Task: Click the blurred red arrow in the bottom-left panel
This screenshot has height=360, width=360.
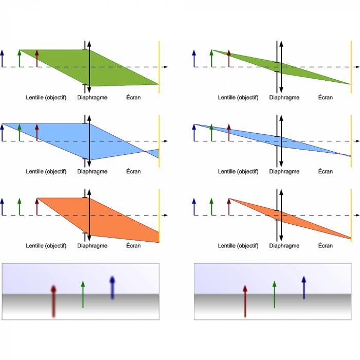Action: click(x=53, y=301)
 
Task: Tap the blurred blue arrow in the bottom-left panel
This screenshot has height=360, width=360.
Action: click(x=112, y=287)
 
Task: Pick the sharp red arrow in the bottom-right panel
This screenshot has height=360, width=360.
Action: click(x=245, y=301)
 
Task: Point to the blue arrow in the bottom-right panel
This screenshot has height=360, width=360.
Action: click(x=304, y=287)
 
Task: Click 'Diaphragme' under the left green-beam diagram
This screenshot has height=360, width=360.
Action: click(x=93, y=97)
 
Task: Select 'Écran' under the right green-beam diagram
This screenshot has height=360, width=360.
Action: click(x=325, y=97)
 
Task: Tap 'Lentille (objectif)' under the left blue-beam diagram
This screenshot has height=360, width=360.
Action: click(x=46, y=171)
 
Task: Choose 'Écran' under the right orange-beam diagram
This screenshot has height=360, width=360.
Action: click(x=325, y=246)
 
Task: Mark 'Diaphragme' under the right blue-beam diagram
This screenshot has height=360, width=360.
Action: click(x=284, y=171)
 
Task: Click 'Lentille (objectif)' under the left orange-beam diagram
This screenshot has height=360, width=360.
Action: click(x=46, y=246)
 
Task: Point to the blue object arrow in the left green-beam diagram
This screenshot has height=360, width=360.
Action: click(x=3, y=58)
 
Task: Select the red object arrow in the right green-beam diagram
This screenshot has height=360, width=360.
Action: click(x=229, y=58)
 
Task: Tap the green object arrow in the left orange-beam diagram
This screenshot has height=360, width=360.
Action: click(x=20, y=206)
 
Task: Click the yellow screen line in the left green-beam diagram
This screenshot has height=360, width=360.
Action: click(x=159, y=67)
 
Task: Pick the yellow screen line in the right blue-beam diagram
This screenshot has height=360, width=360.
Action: click(x=351, y=140)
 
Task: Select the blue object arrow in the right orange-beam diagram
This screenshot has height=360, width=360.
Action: click(x=194, y=206)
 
